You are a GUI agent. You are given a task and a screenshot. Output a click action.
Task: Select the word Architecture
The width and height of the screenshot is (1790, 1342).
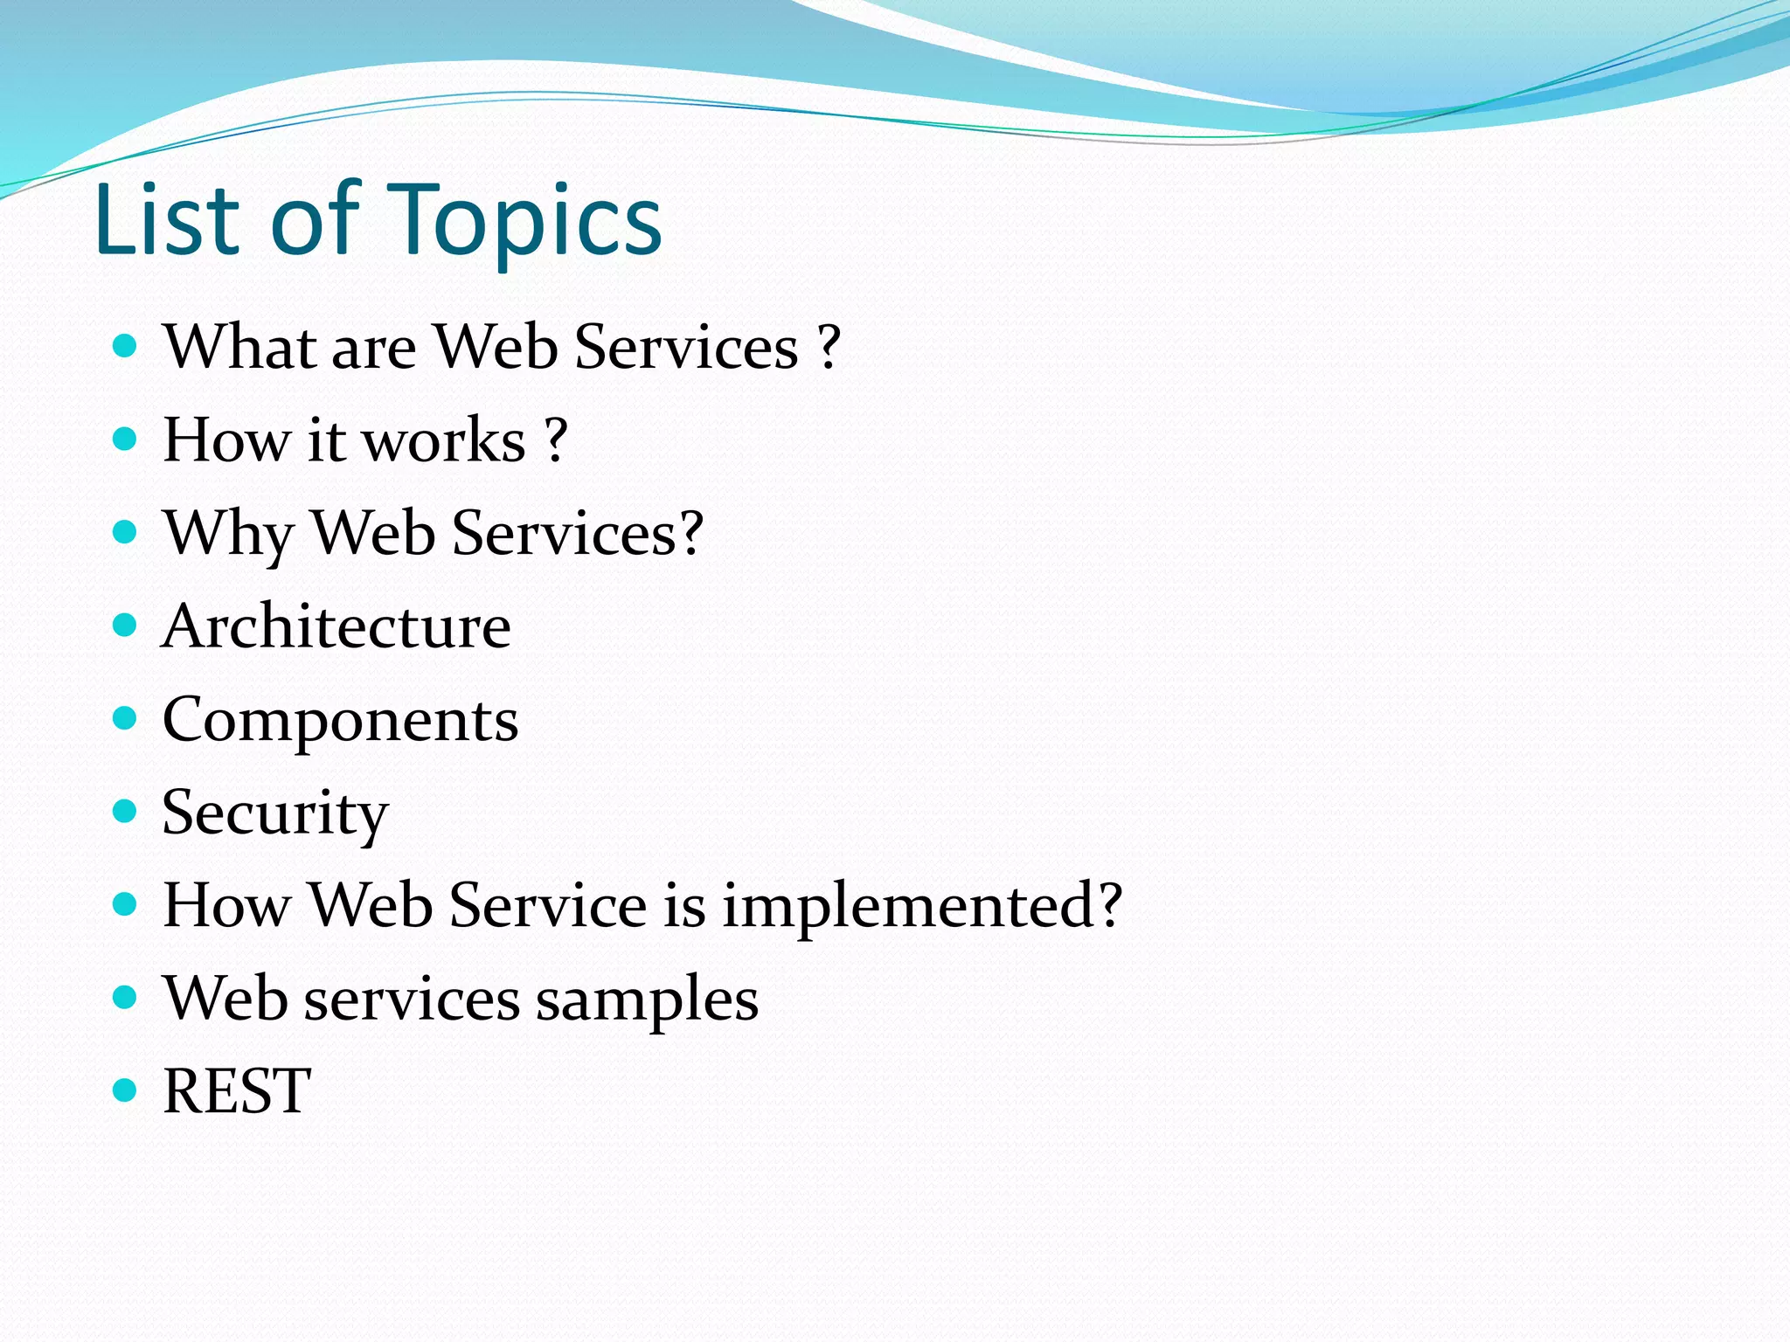click(x=336, y=626)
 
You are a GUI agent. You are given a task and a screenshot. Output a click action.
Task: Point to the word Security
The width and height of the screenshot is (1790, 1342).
click(x=274, y=813)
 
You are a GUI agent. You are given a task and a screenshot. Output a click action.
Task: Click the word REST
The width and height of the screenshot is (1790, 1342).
click(x=237, y=1091)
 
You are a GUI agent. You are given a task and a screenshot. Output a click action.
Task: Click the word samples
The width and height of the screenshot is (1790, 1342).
click(x=647, y=999)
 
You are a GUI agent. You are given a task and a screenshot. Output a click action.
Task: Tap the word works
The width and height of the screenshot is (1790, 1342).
click(x=443, y=440)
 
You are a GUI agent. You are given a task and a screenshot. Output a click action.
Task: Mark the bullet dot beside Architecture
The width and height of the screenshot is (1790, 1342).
click(x=126, y=625)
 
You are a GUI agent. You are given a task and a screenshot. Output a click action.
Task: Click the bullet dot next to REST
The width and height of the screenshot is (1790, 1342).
click(x=126, y=1090)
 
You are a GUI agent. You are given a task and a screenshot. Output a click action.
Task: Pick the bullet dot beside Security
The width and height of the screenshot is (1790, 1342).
click(x=126, y=811)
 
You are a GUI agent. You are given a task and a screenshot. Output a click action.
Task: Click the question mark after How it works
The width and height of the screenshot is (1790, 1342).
click(x=556, y=440)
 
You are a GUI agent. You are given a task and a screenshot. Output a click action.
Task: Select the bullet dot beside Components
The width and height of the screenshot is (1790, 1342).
click(x=126, y=718)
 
